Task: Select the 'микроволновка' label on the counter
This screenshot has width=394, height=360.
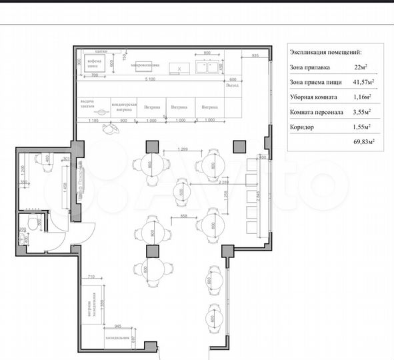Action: pos(144,65)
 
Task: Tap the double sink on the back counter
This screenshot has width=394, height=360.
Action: pos(206,66)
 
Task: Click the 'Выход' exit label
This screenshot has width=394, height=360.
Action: pos(232,85)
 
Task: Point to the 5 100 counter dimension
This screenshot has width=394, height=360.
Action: pos(151,79)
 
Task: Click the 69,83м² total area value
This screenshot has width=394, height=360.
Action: pos(363,141)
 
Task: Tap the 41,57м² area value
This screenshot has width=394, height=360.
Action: pos(362,82)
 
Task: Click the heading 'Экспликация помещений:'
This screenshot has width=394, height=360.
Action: pos(326,51)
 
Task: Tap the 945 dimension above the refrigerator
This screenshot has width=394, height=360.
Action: pos(117,326)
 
